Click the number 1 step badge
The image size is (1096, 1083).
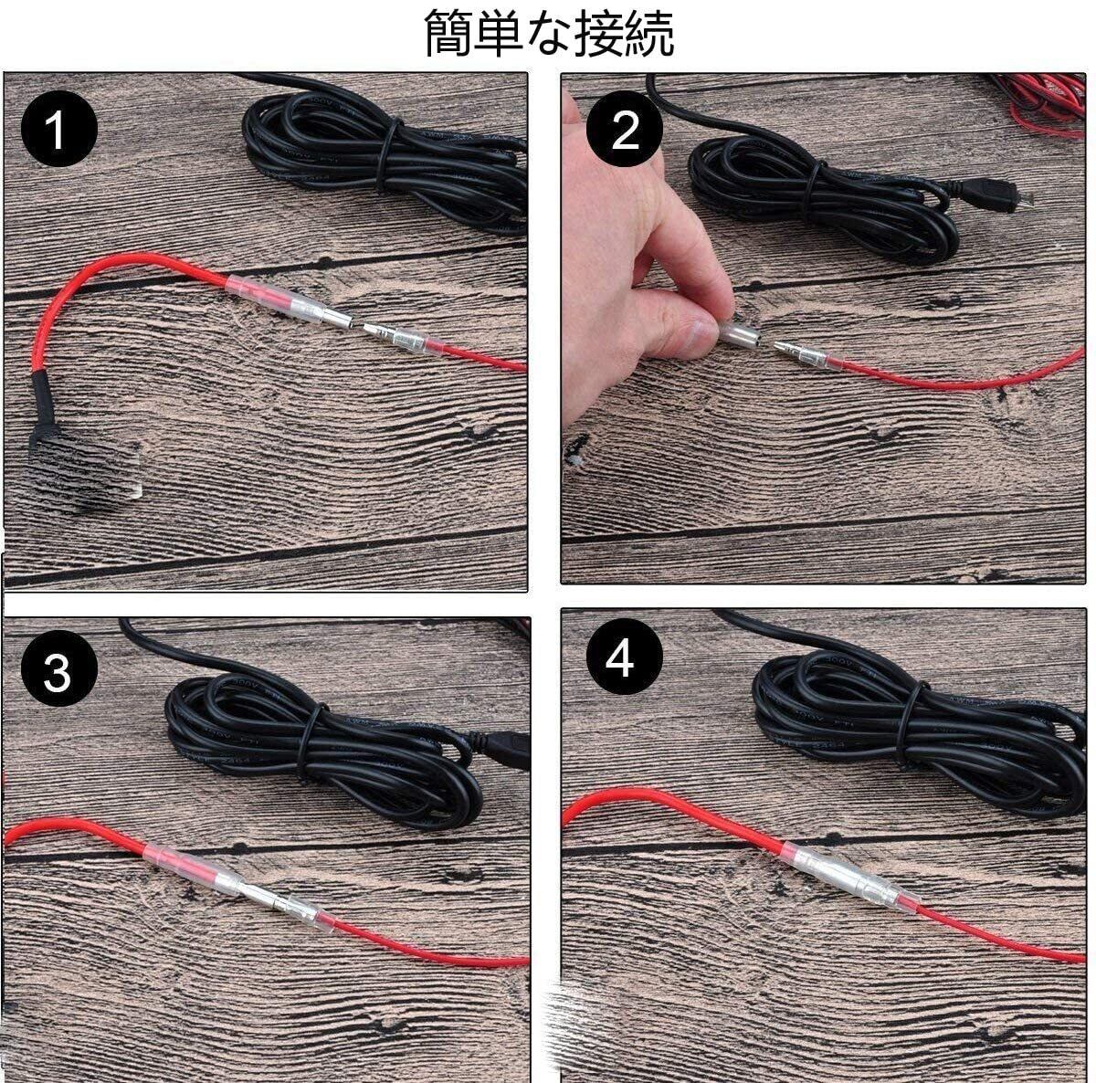(59, 129)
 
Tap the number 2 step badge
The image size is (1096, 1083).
(625, 129)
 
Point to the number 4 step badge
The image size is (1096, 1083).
(625, 657)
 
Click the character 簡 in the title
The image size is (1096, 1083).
(448, 33)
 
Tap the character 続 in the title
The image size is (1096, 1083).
(648, 33)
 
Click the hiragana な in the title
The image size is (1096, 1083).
(548, 34)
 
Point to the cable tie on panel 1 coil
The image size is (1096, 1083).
(386, 153)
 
